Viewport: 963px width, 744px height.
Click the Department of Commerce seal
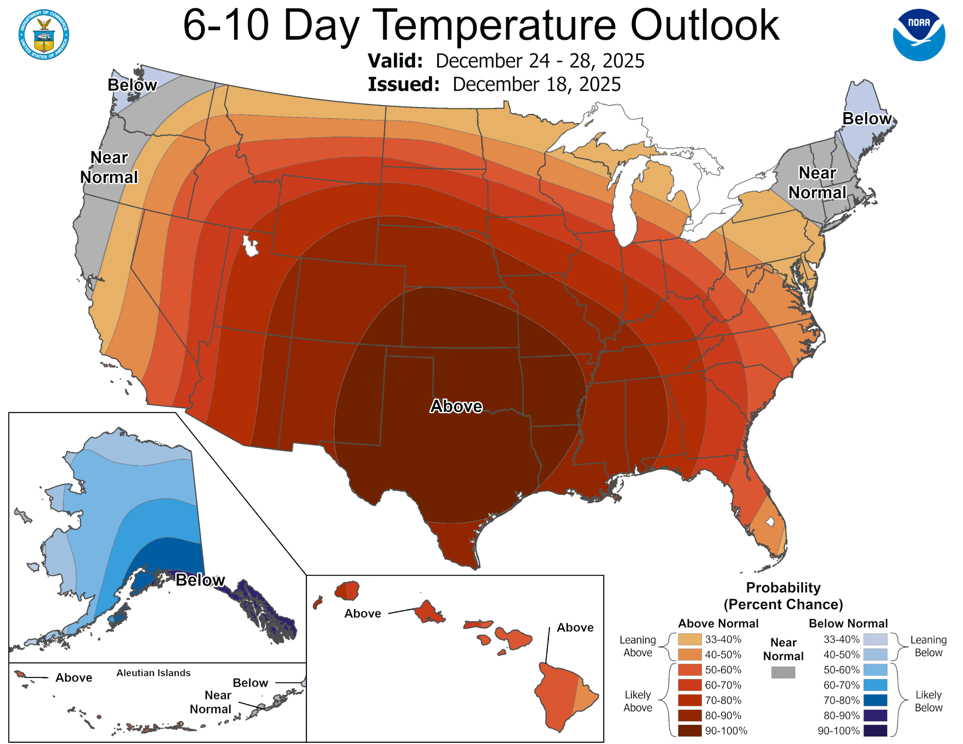tap(44, 34)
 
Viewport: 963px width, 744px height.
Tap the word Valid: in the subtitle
tap(395, 61)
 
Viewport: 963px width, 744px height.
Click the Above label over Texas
tap(456, 406)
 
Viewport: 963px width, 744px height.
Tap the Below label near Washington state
tap(132, 85)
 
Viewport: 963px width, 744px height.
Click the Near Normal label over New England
tap(817, 183)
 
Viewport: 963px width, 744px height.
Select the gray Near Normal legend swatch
tap(783, 672)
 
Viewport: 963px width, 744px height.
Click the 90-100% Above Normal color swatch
tap(690, 731)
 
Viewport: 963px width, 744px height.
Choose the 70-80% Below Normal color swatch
tap(875, 700)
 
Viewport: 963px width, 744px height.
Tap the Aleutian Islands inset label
tap(153, 673)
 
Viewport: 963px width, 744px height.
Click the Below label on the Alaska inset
tap(200, 580)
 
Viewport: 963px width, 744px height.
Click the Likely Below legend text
tap(928, 701)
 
